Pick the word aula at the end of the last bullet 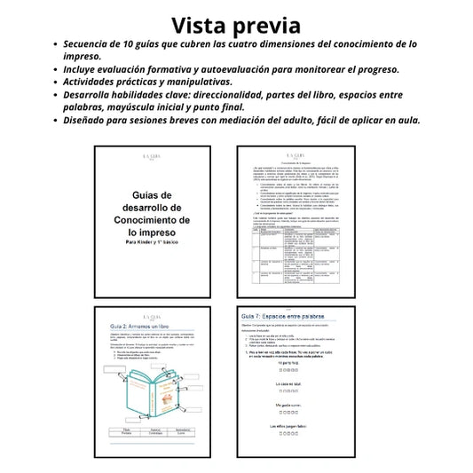406,120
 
